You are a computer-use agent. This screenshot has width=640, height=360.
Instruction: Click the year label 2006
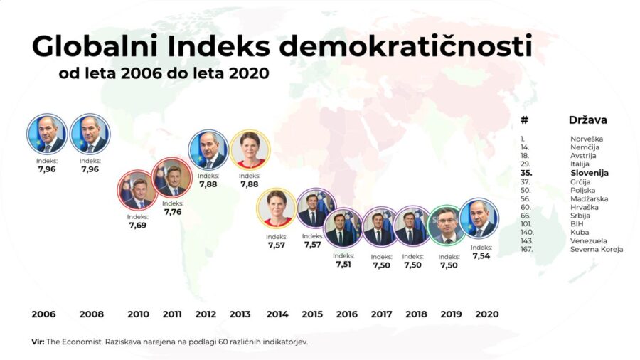pyautogui.click(x=43, y=314)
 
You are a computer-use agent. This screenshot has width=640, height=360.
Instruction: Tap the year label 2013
pyautogui.click(x=240, y=314)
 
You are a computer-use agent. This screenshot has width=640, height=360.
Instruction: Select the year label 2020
pyautogui.click(x=486, y=314)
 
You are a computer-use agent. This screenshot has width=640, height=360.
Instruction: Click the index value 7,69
pyautogui.click(x=137, y=225)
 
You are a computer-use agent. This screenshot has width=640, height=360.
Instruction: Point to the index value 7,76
pyautogui.click(x=172, y=211)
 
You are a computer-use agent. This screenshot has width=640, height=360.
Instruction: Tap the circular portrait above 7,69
pyautogui.click(x=137, y=191)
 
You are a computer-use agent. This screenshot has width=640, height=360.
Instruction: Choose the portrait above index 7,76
pyautogui.click(x=172, y=178)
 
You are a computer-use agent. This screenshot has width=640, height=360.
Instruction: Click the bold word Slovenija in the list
pyautogui.click(x=590, y=172)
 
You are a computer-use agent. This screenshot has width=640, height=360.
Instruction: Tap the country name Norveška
pyautogui.click(x=587, y=139)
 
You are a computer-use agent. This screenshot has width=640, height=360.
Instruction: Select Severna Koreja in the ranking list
pyautogui.click(x=596, y=249)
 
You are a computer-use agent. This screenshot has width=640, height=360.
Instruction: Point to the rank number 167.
pyautogui.click(x=527, y=249)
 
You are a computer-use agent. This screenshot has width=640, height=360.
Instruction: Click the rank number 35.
pyautogui.click(x=527, y=172)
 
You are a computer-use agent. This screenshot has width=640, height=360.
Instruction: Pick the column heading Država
pyautogui.click(x=587, y=120)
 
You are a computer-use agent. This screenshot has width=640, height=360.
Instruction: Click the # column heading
pyautogui.click(x=524, y=120)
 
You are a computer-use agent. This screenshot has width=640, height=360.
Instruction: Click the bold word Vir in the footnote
pyautogui.click(x=38, y=342)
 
